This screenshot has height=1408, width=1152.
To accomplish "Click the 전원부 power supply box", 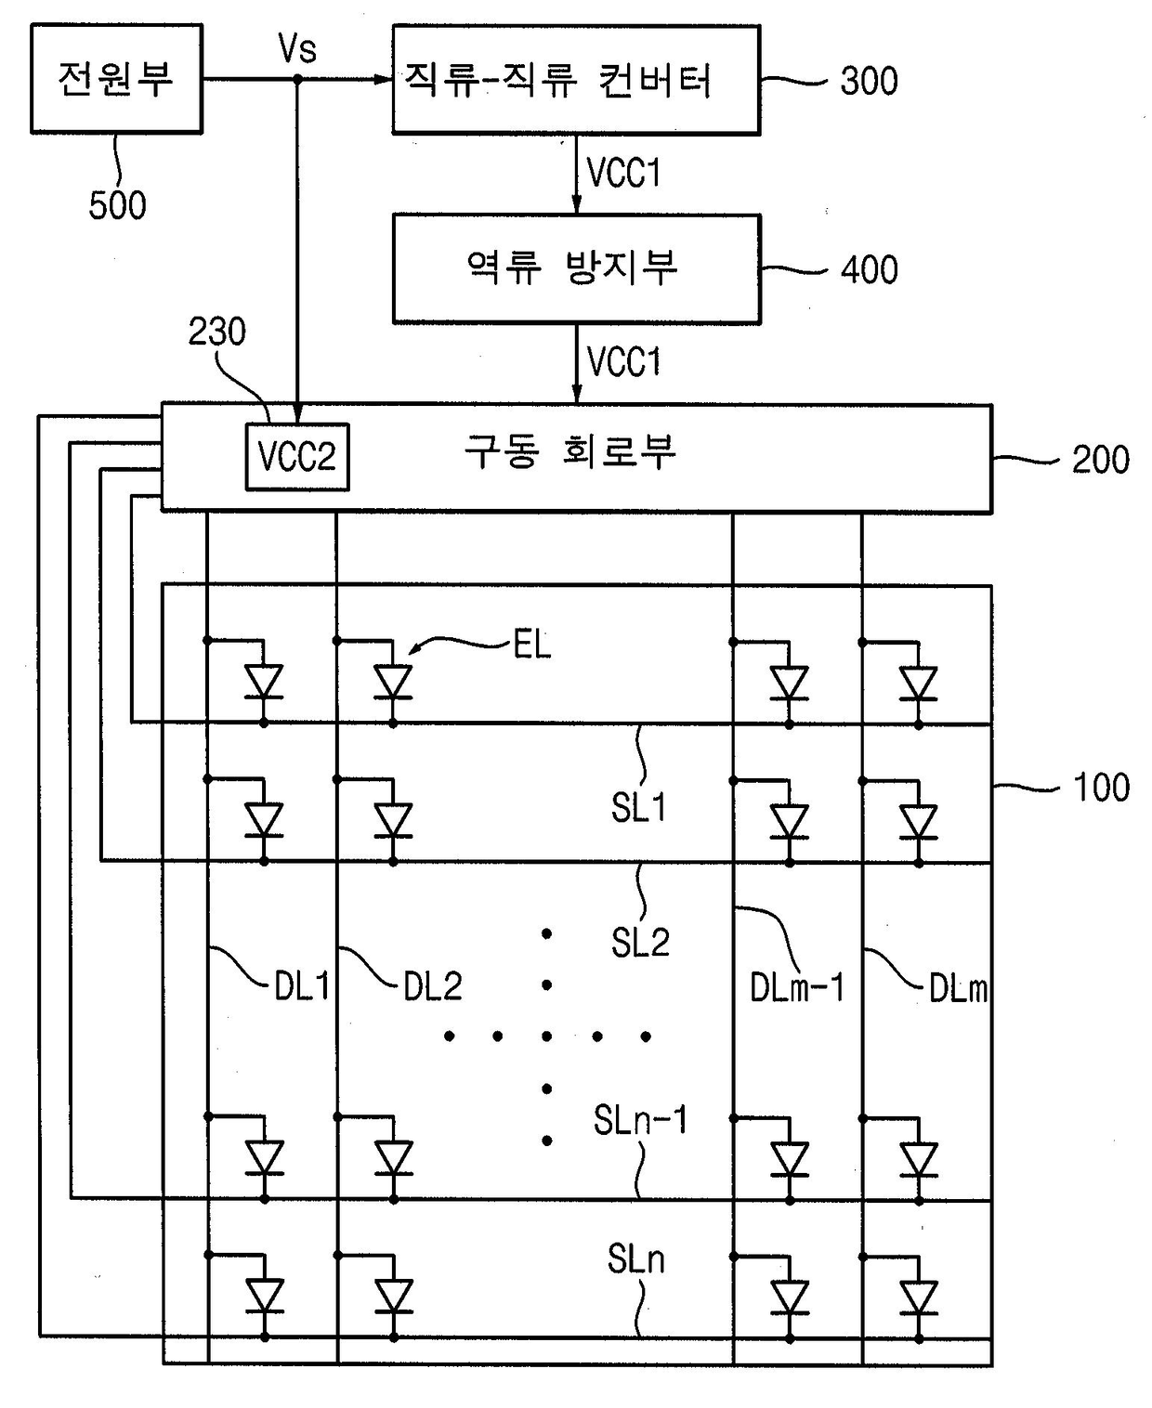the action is [x=117, y=79].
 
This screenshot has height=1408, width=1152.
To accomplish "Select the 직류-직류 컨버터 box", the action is [x=576, y=80].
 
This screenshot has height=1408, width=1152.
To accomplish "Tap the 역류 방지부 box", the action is [x=576, y=269].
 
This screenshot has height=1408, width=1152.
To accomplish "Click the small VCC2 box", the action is [x=297, y=457].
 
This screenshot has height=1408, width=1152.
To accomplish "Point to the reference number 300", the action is [x=869, y=82].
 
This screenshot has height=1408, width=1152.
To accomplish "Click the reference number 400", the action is [x=869, y=270].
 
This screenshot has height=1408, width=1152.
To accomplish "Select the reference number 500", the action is [x=118, y=205].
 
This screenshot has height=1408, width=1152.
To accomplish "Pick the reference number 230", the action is [x=217, y=332].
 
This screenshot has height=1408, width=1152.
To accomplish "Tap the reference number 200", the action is [x=1101, y=460].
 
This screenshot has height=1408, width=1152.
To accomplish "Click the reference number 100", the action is [x=1101, y=787].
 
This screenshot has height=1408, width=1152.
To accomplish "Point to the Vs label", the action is [x=297, y=48].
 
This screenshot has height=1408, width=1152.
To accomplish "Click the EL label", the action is [x=532, y=645].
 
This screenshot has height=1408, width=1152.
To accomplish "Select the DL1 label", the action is [x=302, y=986].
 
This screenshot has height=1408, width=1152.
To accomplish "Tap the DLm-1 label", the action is [x=797, y=987].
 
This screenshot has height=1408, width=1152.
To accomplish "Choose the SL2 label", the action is [x=640, y=943].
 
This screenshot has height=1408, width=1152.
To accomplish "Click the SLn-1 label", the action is [x=640, y=1119].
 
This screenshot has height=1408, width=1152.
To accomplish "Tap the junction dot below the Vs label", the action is [x=298, y=80].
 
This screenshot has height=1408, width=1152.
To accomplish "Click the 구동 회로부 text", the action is [x=569, y=451].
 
